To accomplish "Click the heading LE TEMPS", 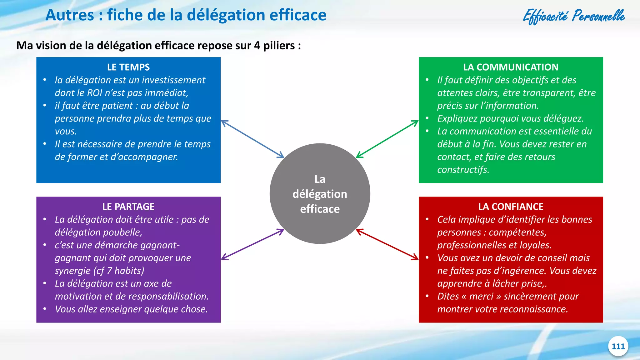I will click(128, 67).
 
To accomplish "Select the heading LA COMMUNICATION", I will click(511, 67).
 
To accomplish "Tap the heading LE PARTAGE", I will click(128, 207).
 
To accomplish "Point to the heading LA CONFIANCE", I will click(511, 207).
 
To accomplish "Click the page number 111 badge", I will click(618, 346).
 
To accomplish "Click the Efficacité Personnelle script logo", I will click(574, 16).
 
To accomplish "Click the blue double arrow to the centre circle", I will click(252, 139).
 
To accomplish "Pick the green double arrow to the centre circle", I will click(387, 139).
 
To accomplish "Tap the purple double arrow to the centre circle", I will click(252, 244).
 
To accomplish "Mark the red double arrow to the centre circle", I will click(387, 244).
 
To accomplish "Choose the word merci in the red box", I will click(481, 296).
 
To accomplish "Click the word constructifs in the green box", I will click(463, 170).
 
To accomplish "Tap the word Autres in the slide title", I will click(70, 15).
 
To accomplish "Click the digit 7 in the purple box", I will click(109, 271).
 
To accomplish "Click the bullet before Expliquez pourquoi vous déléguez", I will click(427, 118).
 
